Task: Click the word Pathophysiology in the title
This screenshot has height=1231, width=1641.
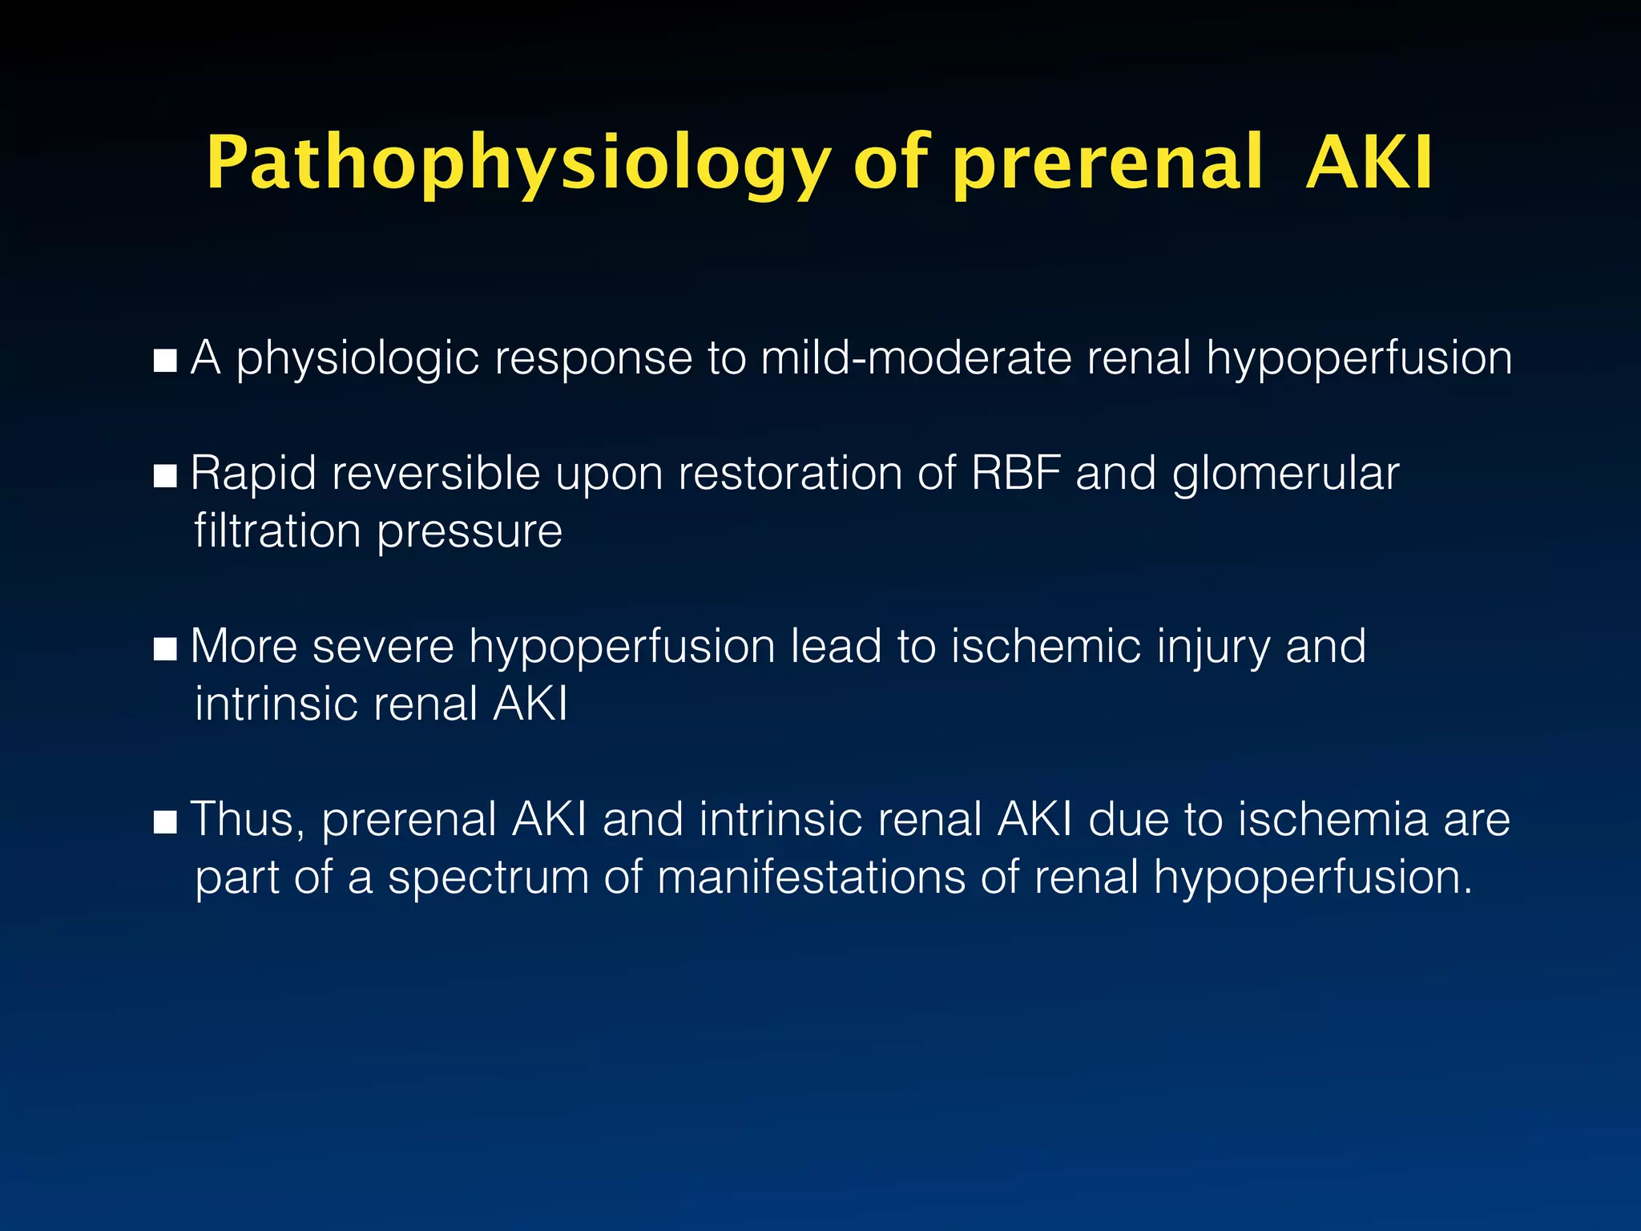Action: pyautogui.click(x=517, y=164)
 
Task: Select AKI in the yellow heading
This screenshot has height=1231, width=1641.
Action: pyautogui.click(x=1369, y=164)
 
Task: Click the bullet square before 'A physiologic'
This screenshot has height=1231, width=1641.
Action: pyautogui.click(x=165, y=361)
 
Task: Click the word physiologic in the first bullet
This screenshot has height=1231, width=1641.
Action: pyautogui.click(x=357, y=359)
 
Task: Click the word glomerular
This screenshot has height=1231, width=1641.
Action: pyautogui.click(x=1285, y=474)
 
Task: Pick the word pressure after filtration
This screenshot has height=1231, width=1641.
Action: pyautogui.click(x=470, y=532)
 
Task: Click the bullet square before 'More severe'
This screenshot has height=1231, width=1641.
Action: pyautogui.click(x=165, y=649)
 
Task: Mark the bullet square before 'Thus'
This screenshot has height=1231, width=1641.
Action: pyautogui.click(x=165, y=822)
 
